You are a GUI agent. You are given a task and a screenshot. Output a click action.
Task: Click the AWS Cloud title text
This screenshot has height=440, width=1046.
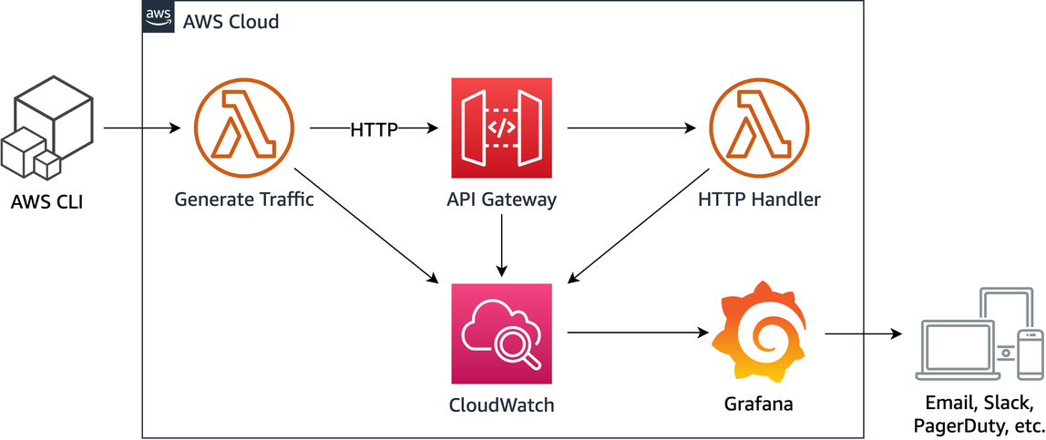(x=231, y=21)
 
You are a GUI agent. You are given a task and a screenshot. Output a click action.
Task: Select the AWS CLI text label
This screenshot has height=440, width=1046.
(x=46, y=202)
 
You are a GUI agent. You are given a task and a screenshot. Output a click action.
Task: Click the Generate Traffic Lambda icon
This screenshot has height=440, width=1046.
(x=235, y=128)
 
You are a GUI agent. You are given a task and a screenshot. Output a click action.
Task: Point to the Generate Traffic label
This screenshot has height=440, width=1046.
(x=244, y=200)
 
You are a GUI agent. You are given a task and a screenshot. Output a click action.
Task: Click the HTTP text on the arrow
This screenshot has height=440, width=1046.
(x=374, y=130)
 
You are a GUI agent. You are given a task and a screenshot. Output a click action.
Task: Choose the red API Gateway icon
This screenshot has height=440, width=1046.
(x=501, y=128)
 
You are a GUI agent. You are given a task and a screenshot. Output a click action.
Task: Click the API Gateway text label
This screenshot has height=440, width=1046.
(x=501, y=200)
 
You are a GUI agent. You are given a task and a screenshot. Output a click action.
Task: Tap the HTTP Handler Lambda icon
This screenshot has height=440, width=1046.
(x=753, y=128)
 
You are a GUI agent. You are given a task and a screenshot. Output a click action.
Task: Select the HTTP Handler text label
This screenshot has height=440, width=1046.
(x=760, y=200)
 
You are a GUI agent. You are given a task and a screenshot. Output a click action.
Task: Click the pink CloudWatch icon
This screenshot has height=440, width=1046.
(x=501, y=333)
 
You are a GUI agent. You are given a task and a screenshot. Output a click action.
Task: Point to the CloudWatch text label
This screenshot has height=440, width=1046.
(x=501, y=404)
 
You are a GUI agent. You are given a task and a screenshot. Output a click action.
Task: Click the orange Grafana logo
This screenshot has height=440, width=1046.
(x=758, y=333)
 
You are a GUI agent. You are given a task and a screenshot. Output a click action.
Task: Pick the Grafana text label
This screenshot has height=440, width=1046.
(x=758, y=404)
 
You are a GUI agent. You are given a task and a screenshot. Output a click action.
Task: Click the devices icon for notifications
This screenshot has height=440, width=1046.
(x=979, y=333)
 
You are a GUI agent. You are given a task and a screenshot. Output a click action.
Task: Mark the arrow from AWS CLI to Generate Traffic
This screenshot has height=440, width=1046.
(x=142, y=128)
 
